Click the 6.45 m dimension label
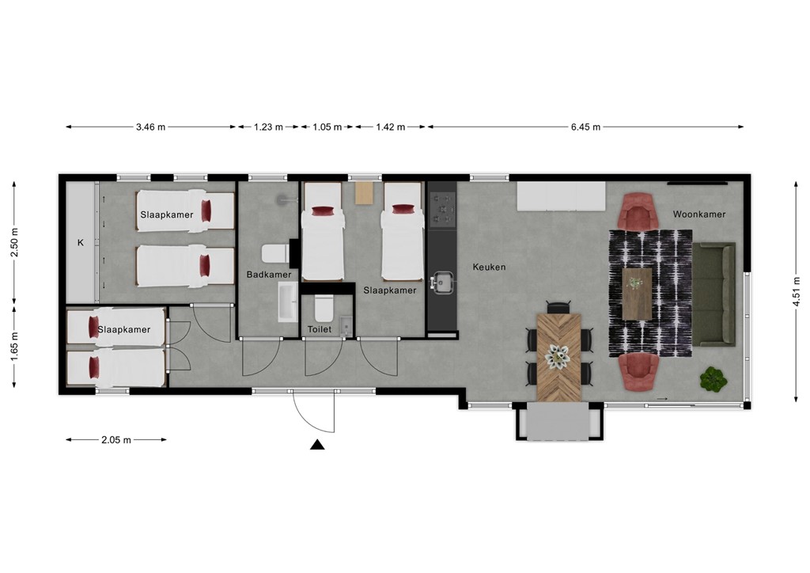[x=585, y=127]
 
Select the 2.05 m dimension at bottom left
[x=115, y=440]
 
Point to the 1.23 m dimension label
[x=268, y=127]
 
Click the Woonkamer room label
[x=698, y=214]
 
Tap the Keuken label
[x=489, y=268]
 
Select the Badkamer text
[x=268, y=275]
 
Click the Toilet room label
[x=319, y=328]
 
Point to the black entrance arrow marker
[x=317, y=445]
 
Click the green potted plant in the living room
[x=713, y=379]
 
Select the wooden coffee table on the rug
[x=637, y=293]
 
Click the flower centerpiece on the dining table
[x=559, y=358]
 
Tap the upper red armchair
[x=638, y=211]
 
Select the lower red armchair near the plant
[x=638, y=372]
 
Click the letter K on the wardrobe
[x=80, y=243]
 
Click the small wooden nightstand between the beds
[x=363, y=193]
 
